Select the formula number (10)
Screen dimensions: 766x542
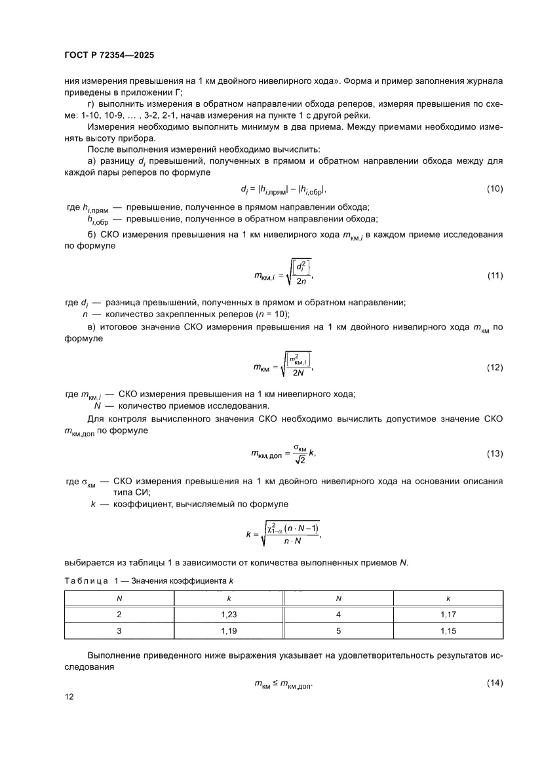click(x=495, y=189)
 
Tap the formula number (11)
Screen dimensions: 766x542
click(x=495, y=275)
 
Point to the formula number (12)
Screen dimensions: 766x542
click(x=495, y=368)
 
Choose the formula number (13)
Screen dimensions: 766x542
click(x=495, y=454)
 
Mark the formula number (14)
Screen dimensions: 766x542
click(x=495, y=684)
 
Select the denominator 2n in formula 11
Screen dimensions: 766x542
click(x=301, y=282)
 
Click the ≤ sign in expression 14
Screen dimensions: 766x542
click(x=277, y=684)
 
